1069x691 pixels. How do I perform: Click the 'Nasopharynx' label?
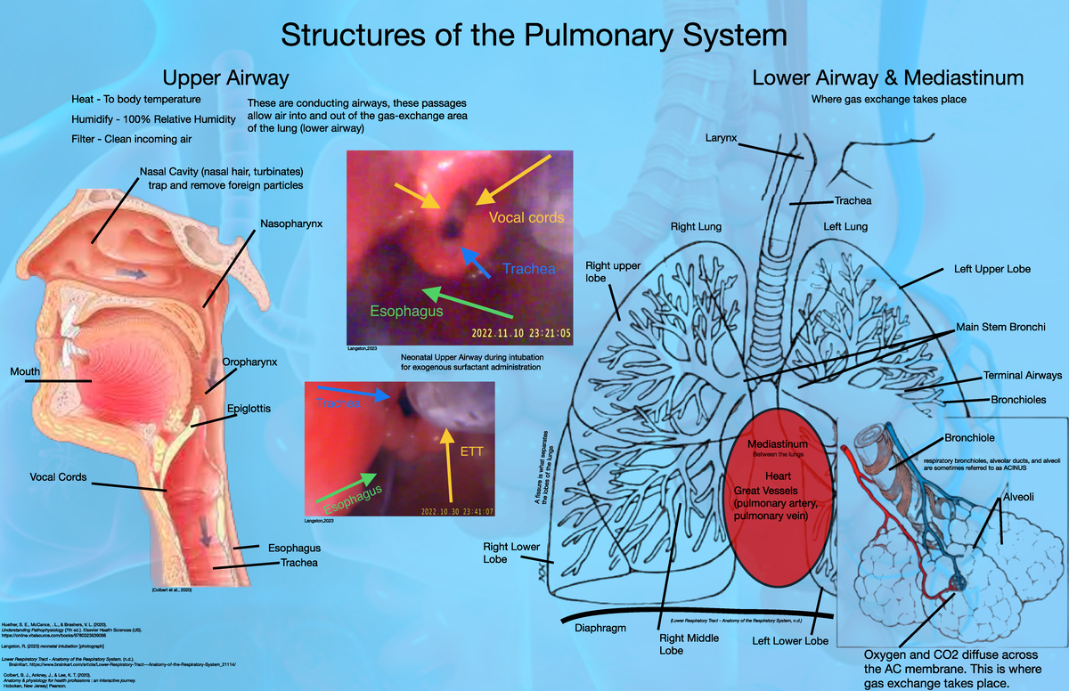click(x=291, y=222)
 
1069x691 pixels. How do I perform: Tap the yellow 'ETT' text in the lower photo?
click(x=471, y=451)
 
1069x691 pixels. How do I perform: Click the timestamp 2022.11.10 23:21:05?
click(x=520, y=333)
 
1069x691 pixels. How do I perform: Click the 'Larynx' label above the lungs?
click(x=721, y=138)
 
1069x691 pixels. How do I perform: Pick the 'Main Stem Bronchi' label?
click(x=1000, y=327)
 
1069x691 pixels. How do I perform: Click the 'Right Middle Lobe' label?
click(x=684, y=644)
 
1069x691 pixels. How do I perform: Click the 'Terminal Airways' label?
click(x=1023, y=376)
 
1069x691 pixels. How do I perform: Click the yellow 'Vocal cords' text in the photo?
click(x=526, y=217)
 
